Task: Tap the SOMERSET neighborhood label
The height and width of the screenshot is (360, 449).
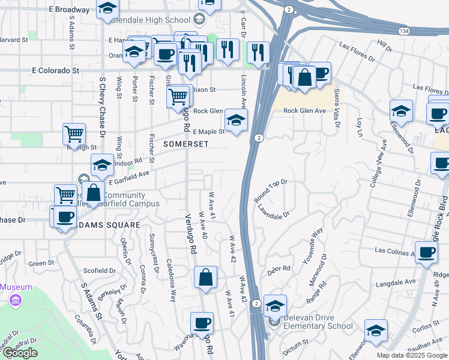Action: coord(186,144)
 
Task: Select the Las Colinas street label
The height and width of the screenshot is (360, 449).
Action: coord(394,250)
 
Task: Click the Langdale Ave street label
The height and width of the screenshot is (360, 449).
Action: coord(396,281)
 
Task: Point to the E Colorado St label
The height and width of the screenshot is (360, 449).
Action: coord(55,70)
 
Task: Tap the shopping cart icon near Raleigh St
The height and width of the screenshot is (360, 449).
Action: coord(74,134)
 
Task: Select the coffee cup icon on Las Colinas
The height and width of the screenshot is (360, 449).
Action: coord(426,251)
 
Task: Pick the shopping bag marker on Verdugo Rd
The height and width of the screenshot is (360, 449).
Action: coord(205,277)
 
